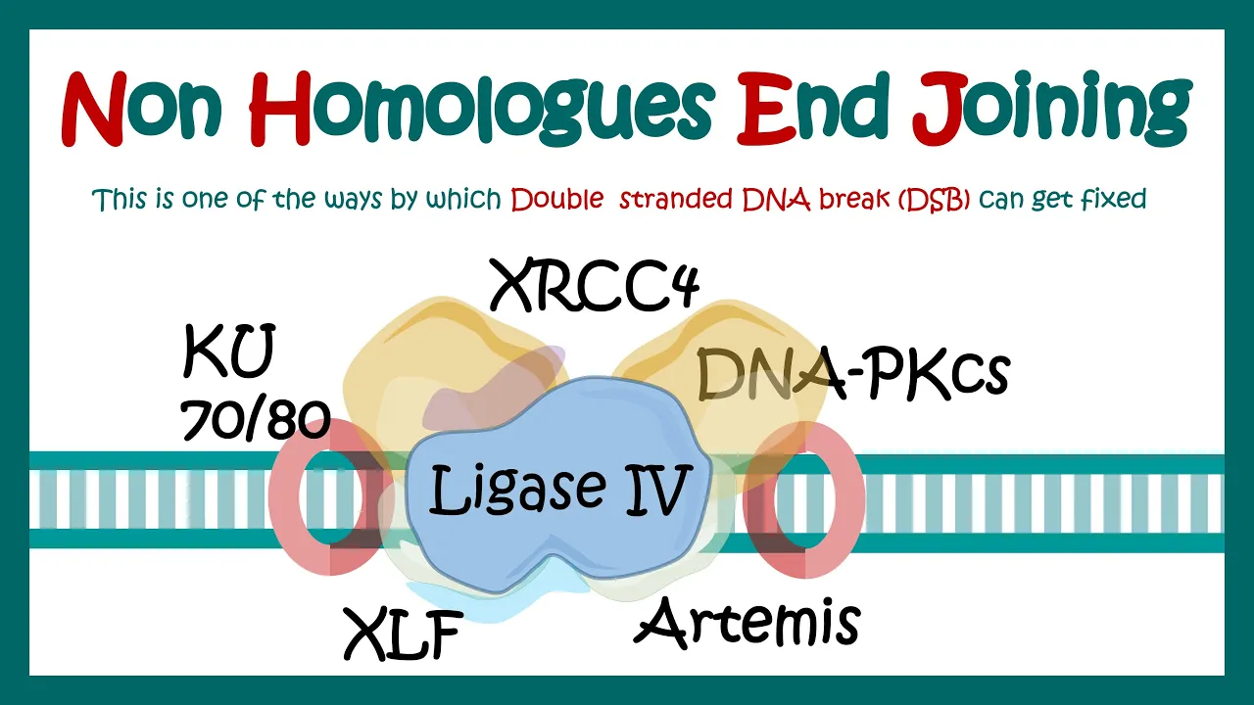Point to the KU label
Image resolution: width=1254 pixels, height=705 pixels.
point(228,353)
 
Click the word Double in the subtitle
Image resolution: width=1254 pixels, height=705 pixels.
point(556,200)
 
